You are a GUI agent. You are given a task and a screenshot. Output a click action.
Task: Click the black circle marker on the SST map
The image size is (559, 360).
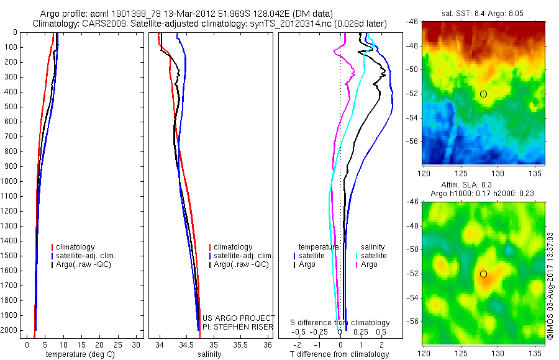click(x=483, y=94)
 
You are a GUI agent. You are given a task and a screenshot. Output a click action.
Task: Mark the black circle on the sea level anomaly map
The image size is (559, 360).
click(x=483, y=274)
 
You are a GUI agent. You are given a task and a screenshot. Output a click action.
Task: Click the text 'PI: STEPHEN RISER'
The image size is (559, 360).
click(x=237, y=327)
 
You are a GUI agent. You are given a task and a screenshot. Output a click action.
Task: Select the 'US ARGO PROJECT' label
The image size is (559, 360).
click(x=239, y=318)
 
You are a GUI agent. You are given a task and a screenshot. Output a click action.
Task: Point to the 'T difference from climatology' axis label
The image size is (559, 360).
click(x=339, y=354)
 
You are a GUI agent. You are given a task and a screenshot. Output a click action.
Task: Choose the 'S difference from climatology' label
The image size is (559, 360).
click(x=340, y=323)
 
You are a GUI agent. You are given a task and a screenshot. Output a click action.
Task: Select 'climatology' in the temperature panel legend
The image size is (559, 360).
click(x=76, y=247)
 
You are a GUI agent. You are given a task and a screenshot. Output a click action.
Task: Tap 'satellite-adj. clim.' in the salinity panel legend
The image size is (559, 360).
click(x=243, y=256)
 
